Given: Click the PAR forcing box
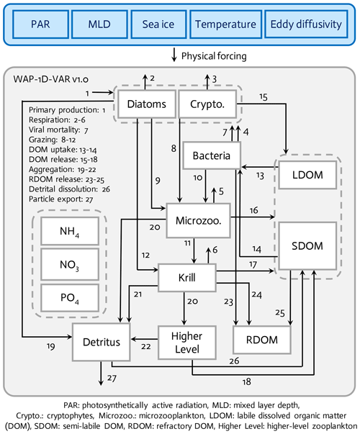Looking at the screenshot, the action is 40,24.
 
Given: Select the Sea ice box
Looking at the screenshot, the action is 158,24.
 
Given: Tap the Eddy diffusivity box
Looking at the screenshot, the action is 306,24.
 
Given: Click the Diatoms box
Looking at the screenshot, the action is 147,104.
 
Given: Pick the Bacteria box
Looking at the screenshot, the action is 212,155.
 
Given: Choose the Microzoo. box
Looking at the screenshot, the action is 198,220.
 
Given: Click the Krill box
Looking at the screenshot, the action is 187,277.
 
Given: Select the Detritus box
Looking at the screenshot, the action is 102,342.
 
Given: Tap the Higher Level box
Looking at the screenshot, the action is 187,343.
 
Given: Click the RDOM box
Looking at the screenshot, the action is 262,340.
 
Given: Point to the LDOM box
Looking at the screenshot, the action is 307,175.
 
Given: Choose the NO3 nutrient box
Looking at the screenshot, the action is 70,264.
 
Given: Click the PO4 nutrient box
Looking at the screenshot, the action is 70,298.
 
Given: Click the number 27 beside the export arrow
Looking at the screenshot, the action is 112,378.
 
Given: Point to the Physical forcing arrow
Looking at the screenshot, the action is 174,55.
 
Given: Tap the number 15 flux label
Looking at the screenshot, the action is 264,97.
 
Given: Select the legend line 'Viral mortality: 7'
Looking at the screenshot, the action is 58,130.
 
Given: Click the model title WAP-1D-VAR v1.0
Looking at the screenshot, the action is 50,79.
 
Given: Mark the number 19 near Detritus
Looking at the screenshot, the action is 50,346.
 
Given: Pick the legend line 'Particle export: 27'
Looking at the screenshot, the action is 61,199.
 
